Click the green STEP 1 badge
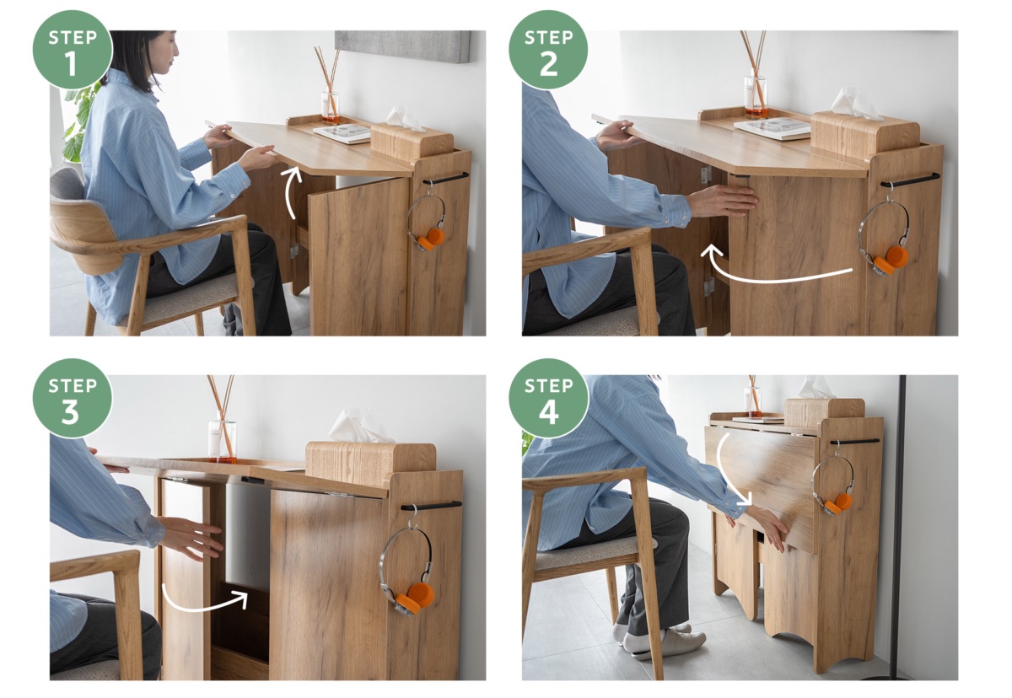tap(73, 50)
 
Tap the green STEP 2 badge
tap(548, 50)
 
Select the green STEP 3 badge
tap(73, 398)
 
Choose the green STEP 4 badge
tap(548, 398)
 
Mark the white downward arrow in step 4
tap(726, 470)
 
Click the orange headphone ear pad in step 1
tap(432, 239)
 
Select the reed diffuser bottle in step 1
tap(331, 107)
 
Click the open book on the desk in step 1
tap(342, 133)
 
